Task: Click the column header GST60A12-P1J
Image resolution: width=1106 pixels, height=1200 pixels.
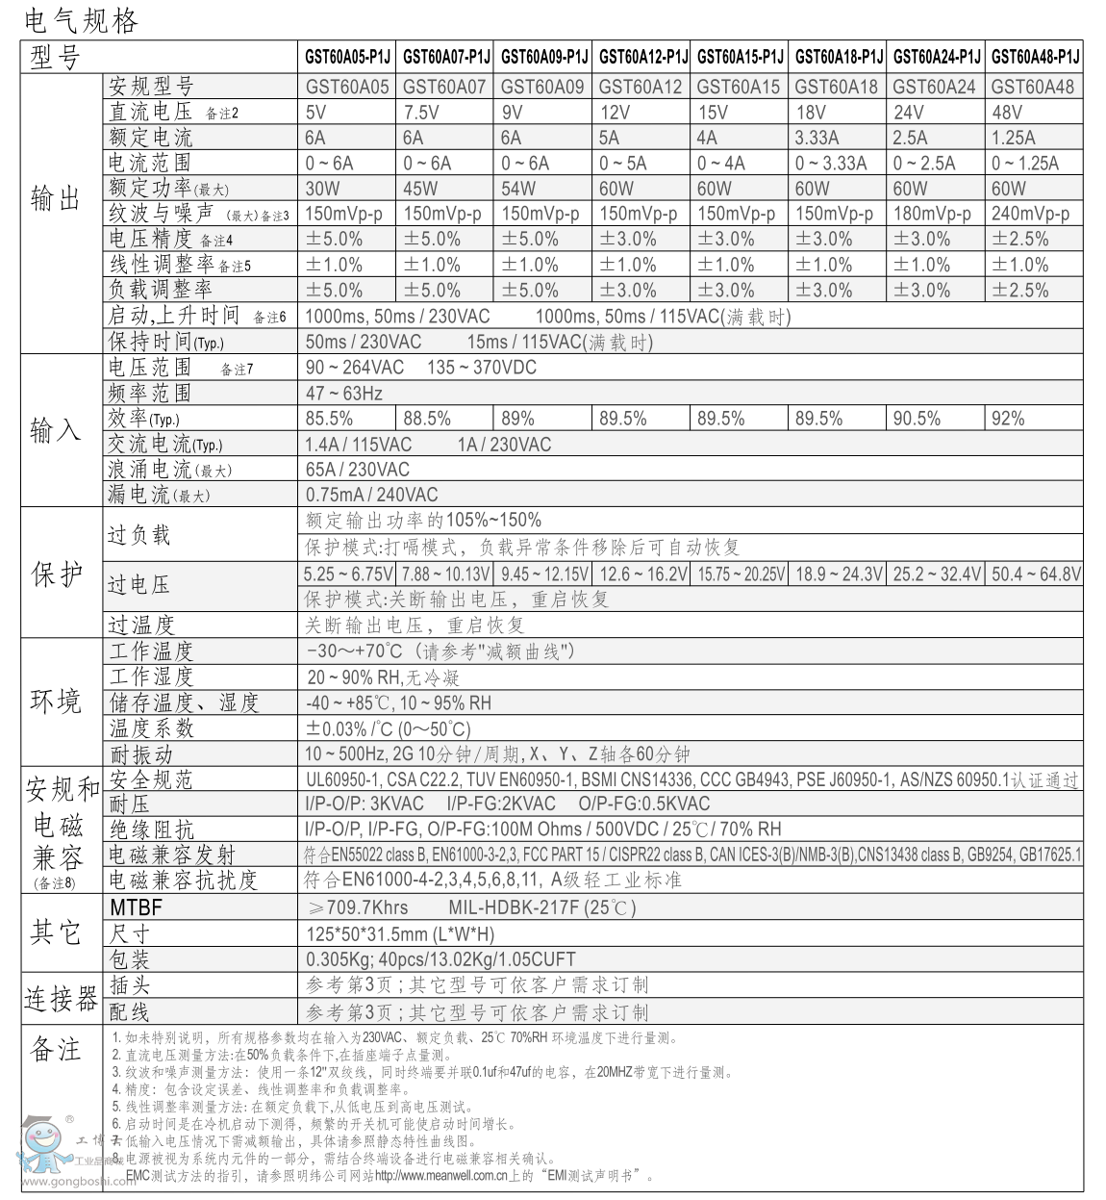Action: point(642,57)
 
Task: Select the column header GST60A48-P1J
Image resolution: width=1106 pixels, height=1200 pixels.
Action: point(1035,57)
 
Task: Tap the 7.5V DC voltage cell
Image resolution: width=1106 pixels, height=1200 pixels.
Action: point(421,112)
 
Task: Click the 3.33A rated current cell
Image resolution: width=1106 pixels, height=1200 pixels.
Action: point(817,138)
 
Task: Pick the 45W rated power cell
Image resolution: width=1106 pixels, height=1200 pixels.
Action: point(420,189)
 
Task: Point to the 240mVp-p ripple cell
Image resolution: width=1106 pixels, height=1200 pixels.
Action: point(1030,214)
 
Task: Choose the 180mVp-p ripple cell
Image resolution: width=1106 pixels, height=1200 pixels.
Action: point(932,214)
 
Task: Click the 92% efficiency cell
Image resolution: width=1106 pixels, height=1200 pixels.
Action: point(1008,419)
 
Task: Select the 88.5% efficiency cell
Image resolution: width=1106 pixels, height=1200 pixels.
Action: point(427,419)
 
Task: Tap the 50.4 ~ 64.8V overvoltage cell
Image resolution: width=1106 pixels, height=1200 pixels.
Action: point(1035,574)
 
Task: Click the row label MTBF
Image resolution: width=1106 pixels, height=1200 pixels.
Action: point(136,907)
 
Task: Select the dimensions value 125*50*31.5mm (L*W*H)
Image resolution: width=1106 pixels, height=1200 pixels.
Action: point(400,933)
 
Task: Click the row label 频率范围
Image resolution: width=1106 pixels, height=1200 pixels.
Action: point(150,393)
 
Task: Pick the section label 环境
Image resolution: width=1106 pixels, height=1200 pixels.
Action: point(56,702)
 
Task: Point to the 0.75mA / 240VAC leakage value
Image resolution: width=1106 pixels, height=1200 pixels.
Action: point(371,495)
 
